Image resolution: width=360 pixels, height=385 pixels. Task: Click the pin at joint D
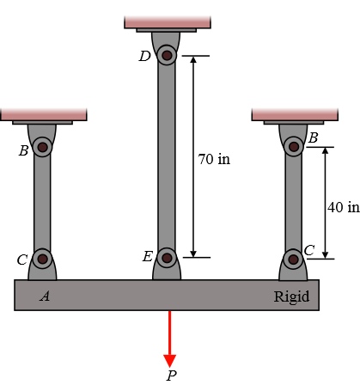pyautogui.click(x=167, y=55)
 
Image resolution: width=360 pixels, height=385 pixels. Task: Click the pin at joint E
pyautogui.click(x=167, y=258)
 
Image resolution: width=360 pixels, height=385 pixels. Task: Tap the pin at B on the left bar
pyautogui.click(x=42, y=147)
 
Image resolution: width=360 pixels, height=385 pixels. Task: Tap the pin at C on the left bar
pyautogui.click(x=43, y=259)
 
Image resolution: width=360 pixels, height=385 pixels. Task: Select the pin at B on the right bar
pyautogui.click(x=294, y=147)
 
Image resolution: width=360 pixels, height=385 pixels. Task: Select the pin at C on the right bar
pyautogui.click(x=293, y=260)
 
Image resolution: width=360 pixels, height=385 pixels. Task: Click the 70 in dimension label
pyautogui.click(x=214, y=159)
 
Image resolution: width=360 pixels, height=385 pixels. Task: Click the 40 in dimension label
pyautogui.click(x=344, y=207)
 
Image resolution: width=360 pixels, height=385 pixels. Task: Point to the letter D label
pyautogui.click(x=144, y=57)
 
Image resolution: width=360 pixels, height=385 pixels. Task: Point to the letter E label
pyautogui.click(x=148, y=256)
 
